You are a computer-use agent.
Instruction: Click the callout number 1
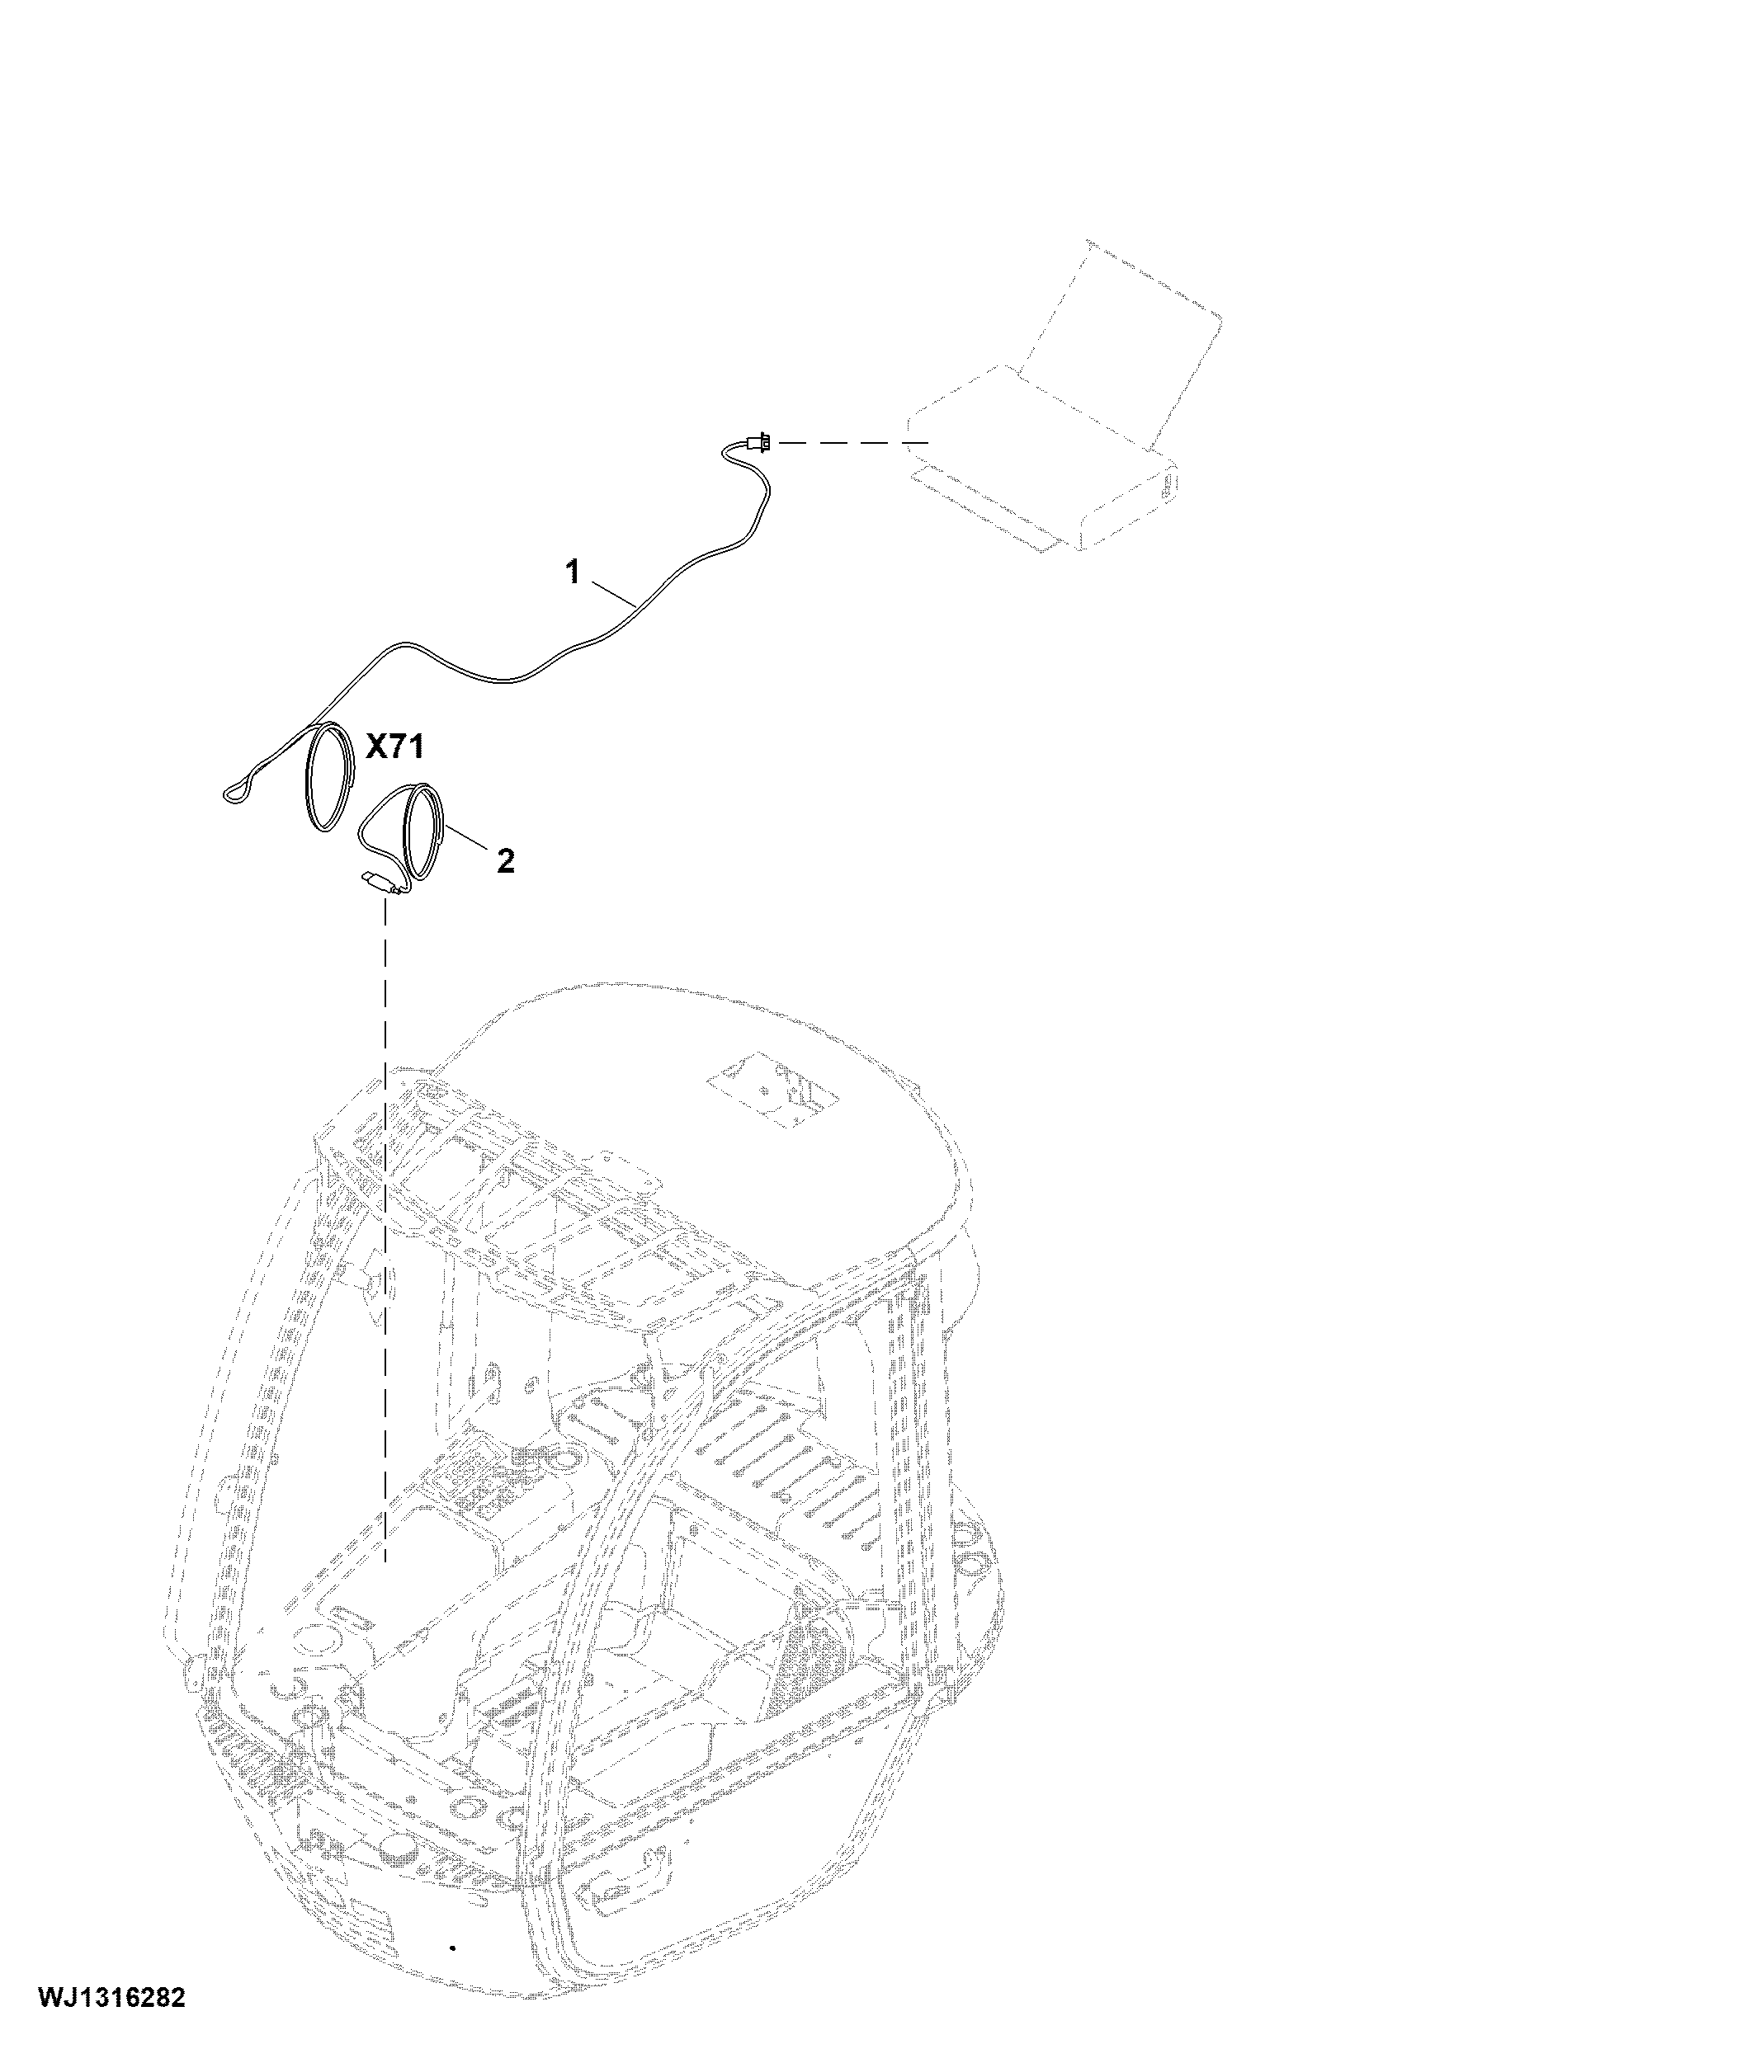pos(572,572)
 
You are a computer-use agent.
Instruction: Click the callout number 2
pos(506,861)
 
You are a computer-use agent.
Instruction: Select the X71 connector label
pos(394,747)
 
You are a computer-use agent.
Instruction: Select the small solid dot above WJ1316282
pos(452,1948)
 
